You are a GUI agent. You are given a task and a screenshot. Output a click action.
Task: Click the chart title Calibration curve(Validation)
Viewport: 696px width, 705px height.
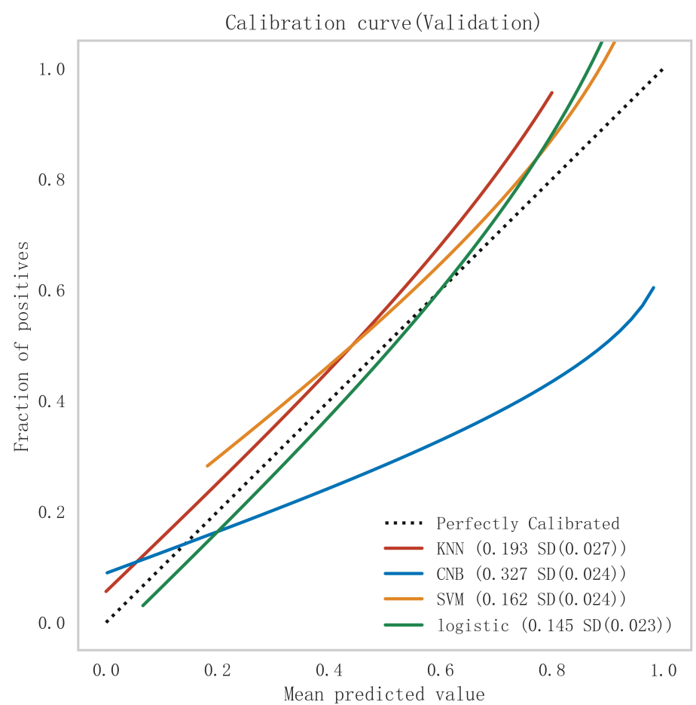[x=383, y=23]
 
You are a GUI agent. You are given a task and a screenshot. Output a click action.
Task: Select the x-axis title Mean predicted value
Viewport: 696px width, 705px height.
[x=384, y=694]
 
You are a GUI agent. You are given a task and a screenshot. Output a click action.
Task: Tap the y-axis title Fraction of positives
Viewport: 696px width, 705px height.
[x=22, y=346]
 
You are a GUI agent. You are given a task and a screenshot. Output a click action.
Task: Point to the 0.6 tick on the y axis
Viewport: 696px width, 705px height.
[x=52, y=290]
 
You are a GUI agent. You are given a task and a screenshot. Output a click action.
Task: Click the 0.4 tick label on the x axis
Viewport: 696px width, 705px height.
[x=328, y=670]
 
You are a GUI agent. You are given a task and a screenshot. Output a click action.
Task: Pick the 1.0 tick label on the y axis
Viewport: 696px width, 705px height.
[x=52, y=69]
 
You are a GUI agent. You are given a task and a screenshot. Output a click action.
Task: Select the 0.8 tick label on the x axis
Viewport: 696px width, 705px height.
[x=551, y=670]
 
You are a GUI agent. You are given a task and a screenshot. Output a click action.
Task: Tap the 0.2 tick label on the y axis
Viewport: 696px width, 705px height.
[x=52, y=512]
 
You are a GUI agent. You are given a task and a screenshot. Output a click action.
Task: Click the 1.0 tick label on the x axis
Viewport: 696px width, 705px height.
[x=663, y=670]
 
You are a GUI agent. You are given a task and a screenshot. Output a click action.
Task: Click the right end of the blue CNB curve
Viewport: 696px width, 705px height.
[x=654, y=287]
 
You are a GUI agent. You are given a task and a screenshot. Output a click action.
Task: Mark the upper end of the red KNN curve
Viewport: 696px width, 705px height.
[x=552, y=93]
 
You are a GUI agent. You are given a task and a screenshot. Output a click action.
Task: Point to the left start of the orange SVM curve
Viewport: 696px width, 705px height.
[x=207, y=466]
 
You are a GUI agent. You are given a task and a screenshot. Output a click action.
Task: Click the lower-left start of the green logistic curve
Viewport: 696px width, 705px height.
[x=143, y=605]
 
